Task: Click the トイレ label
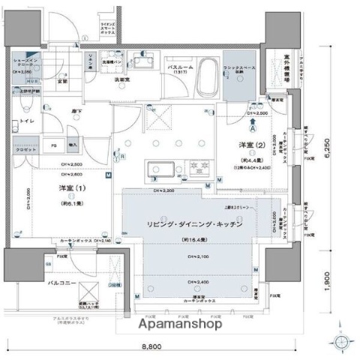pyautogui.click(x=25, y=120)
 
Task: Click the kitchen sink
pyautogui.click(x=159, y=167)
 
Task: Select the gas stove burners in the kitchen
pyautogui.click(x=200, y=166)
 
